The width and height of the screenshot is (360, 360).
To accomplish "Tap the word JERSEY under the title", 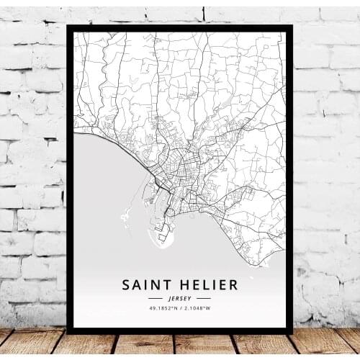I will (x=179, y=297).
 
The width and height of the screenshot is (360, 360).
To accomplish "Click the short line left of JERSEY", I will (x=156, y=297).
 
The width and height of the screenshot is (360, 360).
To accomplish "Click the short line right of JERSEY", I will (x=203, y=297).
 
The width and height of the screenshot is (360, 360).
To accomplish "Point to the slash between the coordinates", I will (x=179, y=308).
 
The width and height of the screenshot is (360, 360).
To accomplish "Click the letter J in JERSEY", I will (x=171, y=297).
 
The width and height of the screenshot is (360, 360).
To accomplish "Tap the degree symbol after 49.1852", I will (x=171, y=307).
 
